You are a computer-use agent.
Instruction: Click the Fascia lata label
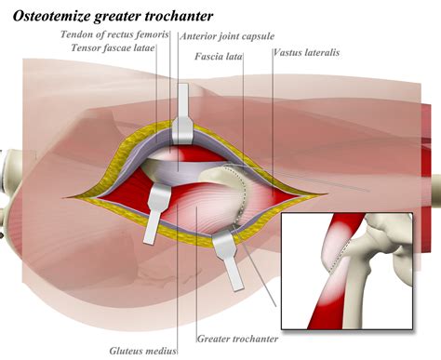(x=220, y=57)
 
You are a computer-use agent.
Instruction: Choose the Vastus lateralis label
(x=307, y=53)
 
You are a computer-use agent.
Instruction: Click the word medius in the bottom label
(x=155, y=352)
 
